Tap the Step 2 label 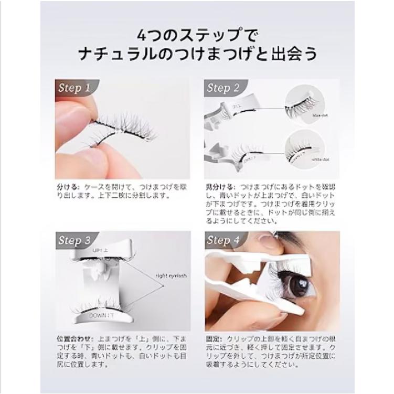tap(223, 88)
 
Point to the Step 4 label tap(223, 241)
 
